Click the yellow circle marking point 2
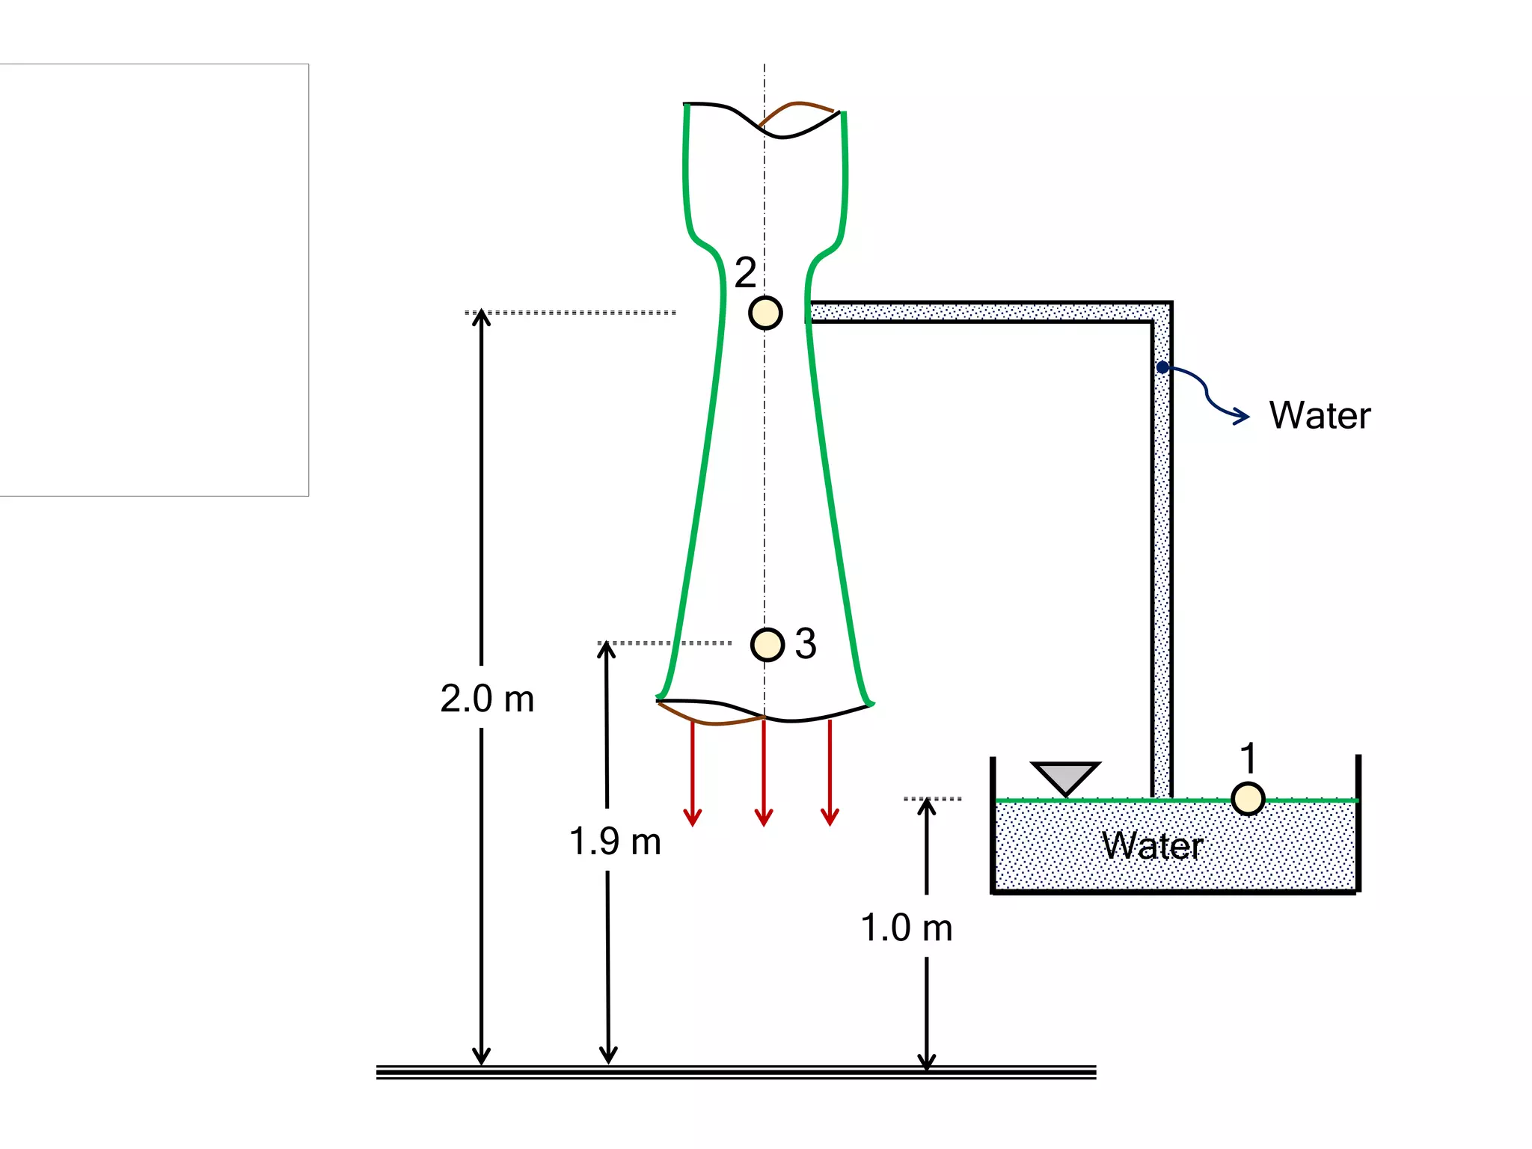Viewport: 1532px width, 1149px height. [x=765, y=313]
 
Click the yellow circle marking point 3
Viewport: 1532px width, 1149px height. [x=767, y=644]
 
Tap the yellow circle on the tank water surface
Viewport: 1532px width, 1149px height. [x=1248, y=798]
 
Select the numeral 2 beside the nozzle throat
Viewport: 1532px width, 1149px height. [x=745, y=272]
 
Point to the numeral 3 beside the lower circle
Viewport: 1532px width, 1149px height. [x=806, y=643]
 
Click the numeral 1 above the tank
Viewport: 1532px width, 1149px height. [x=1248, y=758]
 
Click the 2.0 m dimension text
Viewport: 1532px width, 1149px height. [x=487, y=699]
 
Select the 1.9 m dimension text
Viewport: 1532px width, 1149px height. [x=615, y=842]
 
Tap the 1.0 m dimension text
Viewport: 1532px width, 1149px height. [x=907, y=928]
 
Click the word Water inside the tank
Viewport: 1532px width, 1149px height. [x=1152, y=846]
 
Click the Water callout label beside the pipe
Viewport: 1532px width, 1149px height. [x=1320, y=415]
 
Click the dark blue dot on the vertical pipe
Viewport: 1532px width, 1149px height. [x=1162, y=367]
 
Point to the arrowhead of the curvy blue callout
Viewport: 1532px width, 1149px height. [x=1243, y=416]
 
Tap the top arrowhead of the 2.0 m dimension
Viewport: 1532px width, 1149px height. [x=482, y=317]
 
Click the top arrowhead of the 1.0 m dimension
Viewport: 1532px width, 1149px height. [x=927, y=806]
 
